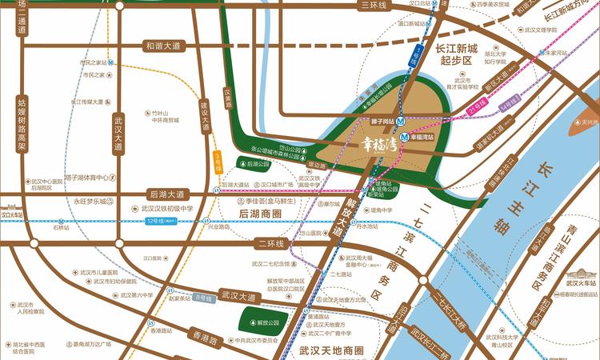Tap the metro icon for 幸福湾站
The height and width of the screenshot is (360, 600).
(405, 136)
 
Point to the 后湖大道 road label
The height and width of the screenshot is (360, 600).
(166, 194)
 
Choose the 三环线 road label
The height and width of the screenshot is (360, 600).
(374, 6)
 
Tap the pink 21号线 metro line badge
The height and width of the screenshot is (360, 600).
(478, 106)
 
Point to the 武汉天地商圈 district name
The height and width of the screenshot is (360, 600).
(330, 350)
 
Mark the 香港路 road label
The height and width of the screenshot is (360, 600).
(205, 339)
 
